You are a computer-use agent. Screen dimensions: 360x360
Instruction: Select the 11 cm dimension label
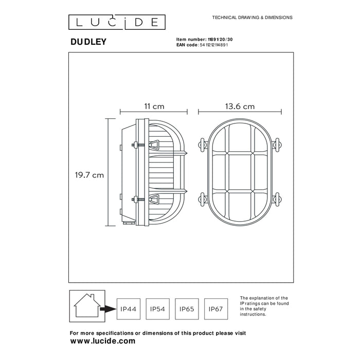coord(154,106)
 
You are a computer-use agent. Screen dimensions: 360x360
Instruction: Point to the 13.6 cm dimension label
coord(240,106)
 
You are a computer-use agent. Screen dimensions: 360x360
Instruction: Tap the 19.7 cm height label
coord(88,175)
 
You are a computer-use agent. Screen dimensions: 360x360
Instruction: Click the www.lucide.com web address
coord(102,341)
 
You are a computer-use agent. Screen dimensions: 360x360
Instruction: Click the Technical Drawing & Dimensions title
coord(252,17)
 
